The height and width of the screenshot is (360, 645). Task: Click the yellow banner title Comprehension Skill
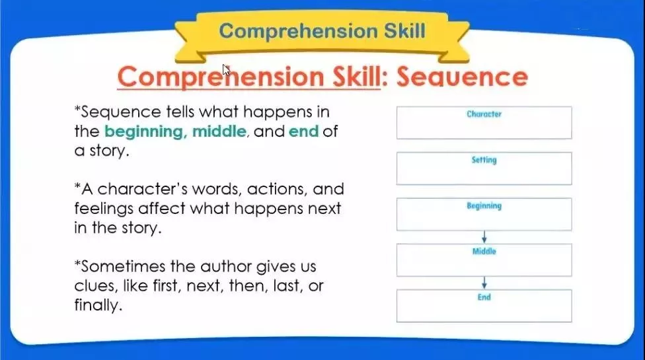[322, 31]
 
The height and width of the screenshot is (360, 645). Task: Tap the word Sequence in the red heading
[462, 77]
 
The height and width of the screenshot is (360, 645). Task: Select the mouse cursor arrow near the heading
[226, 70]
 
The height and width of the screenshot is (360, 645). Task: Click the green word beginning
[143, 131]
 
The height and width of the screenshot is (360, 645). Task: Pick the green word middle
[219, 131]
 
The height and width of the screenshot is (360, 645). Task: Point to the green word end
[303, 131]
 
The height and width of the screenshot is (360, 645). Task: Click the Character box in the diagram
[484, 123]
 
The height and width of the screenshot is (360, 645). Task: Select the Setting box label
[484, 160]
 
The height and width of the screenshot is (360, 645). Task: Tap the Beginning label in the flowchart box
[484, 206]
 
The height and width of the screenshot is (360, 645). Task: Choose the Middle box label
[484, 251]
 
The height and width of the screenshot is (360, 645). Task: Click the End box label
[484, 297]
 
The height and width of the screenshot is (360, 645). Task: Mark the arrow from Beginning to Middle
[484, 237]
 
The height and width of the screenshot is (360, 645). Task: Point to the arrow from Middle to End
[484, 283]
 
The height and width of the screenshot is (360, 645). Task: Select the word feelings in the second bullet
[104, 209]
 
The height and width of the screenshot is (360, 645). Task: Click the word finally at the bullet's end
[98, 305]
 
